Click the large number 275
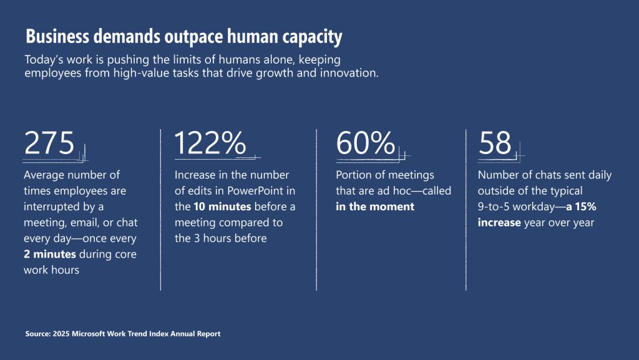pos(49,144)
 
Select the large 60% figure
pos(365,144)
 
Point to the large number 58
pos(495,144)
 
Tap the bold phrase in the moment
pos(375,207)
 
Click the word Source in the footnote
pos(38,334)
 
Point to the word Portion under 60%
pos(356,175)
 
